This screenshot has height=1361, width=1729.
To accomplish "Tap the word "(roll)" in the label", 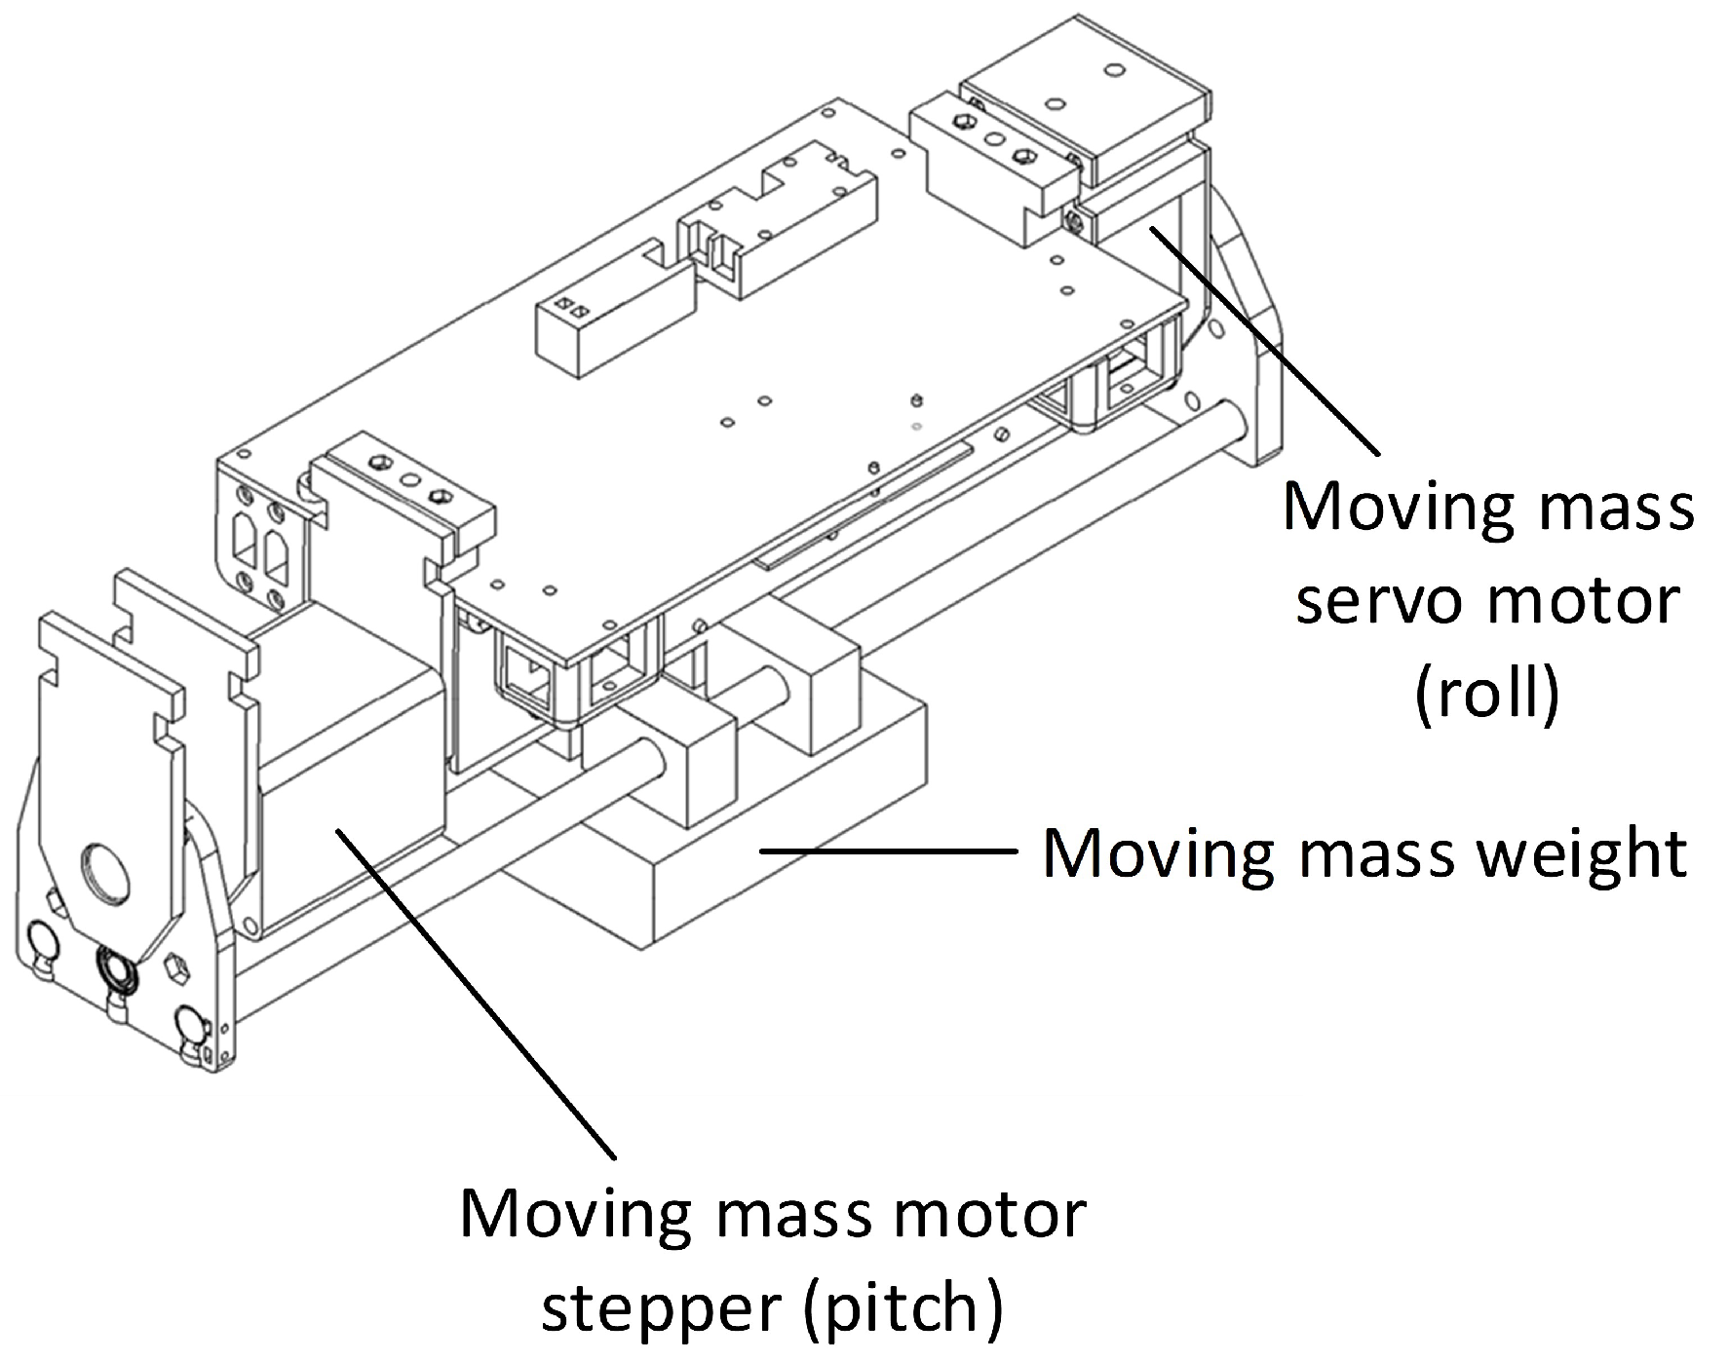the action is pos(1487,694).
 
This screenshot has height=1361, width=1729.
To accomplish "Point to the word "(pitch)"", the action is pos(903,1307).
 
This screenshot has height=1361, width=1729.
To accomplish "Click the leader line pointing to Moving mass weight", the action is pos(888,850).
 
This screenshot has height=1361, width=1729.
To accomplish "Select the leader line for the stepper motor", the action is pos(477,992).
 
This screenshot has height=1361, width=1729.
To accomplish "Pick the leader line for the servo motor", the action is pos(1265,340).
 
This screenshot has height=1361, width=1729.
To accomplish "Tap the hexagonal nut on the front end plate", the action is pos(176,966).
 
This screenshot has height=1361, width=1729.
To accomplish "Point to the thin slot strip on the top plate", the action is pos(864,505).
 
